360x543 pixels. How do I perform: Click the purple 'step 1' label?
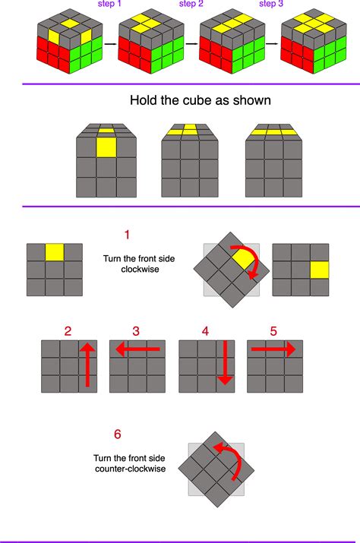tap(109, 4)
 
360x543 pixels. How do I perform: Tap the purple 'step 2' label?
tap(191, 4)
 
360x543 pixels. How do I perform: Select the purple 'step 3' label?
tap(271, 4)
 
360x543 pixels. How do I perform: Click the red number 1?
tap(127, 235)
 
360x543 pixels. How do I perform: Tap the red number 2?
tap(68, 331)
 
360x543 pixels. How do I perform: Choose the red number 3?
tap(136, 331)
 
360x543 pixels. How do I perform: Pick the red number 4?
tap(205, 331)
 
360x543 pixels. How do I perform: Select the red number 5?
tap(273, 331)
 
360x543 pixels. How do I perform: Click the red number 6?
tap(118, 434)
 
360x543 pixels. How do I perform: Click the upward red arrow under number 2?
tap(87, 365)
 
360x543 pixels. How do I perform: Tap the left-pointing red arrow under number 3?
tap(137, 349)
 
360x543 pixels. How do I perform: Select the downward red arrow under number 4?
tap(226, 363)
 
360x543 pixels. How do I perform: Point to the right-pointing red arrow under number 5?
tap(273, 349)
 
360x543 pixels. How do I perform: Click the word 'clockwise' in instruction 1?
tap(140, 270)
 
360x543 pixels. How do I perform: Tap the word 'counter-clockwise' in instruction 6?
tap(131, 469)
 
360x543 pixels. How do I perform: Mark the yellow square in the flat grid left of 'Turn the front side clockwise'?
tap(55, 252)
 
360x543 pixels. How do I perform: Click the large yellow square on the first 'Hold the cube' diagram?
tap(106, 147)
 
